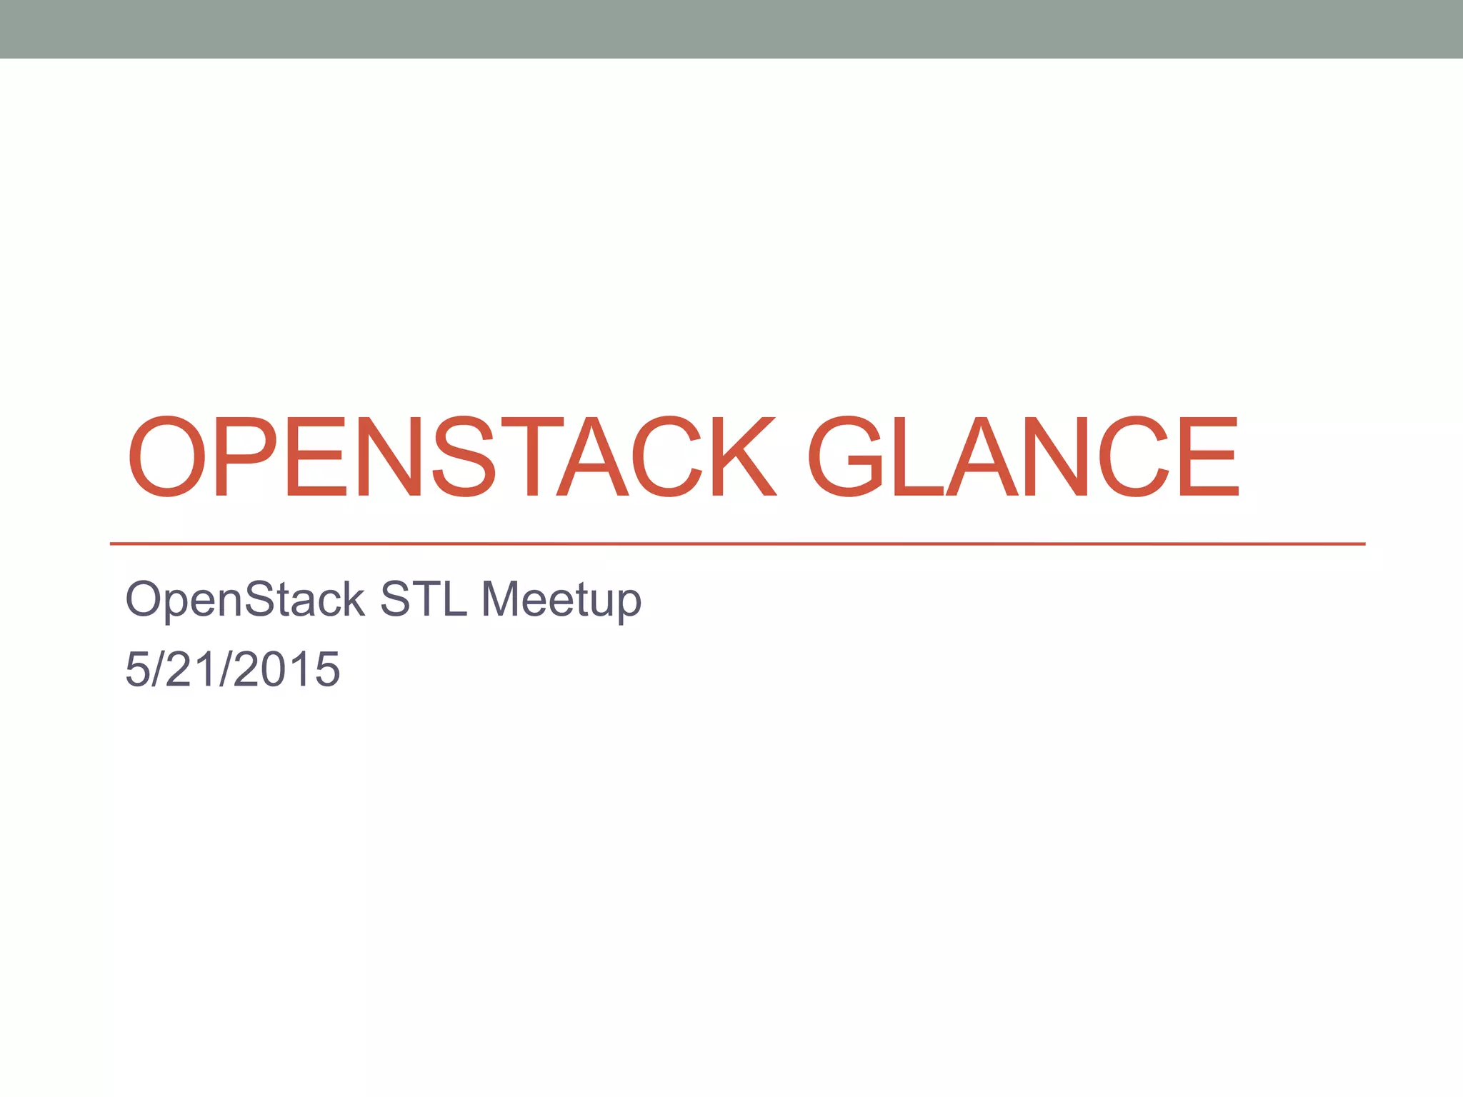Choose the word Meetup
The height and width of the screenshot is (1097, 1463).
point(561,600)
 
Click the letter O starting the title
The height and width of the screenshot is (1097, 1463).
point(167,457)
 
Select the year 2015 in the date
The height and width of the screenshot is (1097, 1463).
point(286,670)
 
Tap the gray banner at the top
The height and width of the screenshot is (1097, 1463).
point(731,29)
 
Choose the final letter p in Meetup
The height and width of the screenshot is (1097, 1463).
point(629,603)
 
